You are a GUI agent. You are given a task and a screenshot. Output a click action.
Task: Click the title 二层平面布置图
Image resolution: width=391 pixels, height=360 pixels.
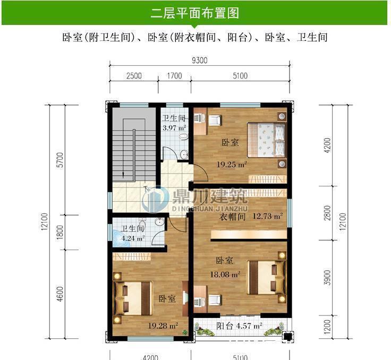[195, 13]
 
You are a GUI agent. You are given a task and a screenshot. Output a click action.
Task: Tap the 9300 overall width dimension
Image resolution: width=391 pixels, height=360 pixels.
[200, 60]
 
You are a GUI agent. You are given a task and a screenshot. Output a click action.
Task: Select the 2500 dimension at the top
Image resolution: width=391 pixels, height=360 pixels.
[134, 75]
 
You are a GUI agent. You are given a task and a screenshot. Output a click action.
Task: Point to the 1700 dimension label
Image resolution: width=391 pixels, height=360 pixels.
[174, 75]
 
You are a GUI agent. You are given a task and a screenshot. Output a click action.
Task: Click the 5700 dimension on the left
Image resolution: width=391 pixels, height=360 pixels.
[59, 160]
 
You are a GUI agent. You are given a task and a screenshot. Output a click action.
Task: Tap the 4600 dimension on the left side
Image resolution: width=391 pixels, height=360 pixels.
[59, 294]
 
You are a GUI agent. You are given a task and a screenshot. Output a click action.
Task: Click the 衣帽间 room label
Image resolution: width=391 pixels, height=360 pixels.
[233, 217]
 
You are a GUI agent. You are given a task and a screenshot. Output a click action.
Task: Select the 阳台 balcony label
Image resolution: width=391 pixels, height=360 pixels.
[224, 325]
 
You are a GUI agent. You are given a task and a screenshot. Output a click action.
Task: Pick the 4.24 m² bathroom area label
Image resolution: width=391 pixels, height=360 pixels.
[133, 238]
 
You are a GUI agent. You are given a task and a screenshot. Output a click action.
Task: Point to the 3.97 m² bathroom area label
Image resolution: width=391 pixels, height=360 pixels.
[174, 127]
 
